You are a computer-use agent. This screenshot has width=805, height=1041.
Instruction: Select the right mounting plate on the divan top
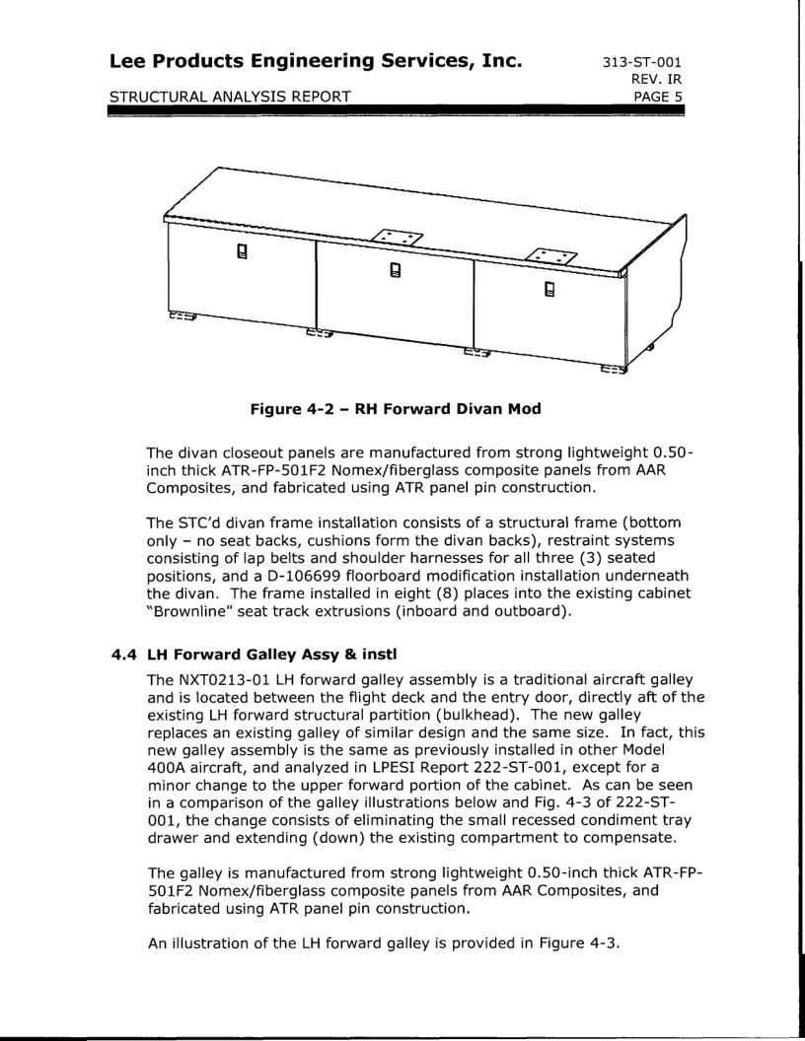click(549, 255)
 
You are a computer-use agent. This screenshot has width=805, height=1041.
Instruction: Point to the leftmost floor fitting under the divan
click(181, 318)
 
